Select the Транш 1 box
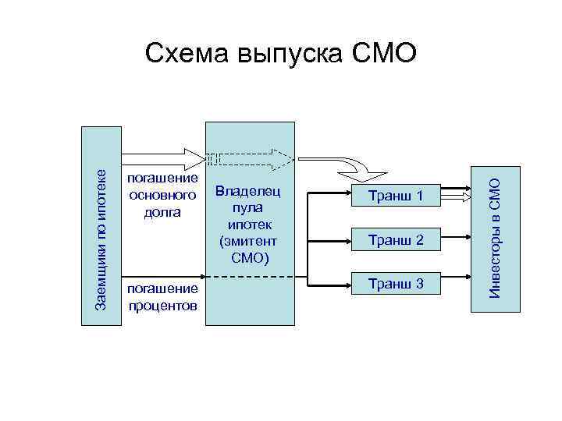point(397,197)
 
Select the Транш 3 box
point(397,285)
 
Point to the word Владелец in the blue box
point(249,191)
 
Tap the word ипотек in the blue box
point(249,224)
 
